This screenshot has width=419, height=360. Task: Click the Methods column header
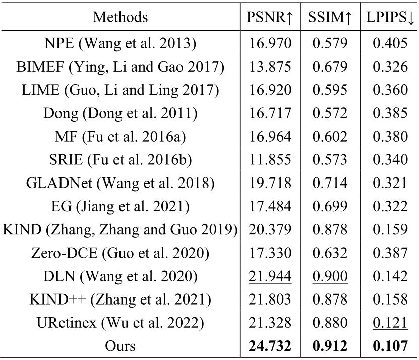120,17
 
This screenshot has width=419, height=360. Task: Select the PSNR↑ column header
270,17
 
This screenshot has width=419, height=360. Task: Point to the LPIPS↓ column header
390,17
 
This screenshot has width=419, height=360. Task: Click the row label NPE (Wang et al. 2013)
120,43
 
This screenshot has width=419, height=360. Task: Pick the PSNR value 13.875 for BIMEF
270,67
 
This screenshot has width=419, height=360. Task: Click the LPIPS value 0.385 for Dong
390,113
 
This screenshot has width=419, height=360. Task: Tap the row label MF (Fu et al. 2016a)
120,136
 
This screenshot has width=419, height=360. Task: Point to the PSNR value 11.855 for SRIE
270,159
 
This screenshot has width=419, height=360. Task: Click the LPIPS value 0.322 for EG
390,206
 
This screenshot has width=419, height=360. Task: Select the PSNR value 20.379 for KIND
270,229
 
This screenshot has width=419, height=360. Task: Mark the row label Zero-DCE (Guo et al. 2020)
120,252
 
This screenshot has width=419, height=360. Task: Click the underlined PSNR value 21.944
270,275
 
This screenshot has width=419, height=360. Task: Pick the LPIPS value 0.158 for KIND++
390,298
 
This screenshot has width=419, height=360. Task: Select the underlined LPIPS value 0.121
390,322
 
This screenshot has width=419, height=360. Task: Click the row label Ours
120,346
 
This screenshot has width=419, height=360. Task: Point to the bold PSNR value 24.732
270,346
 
